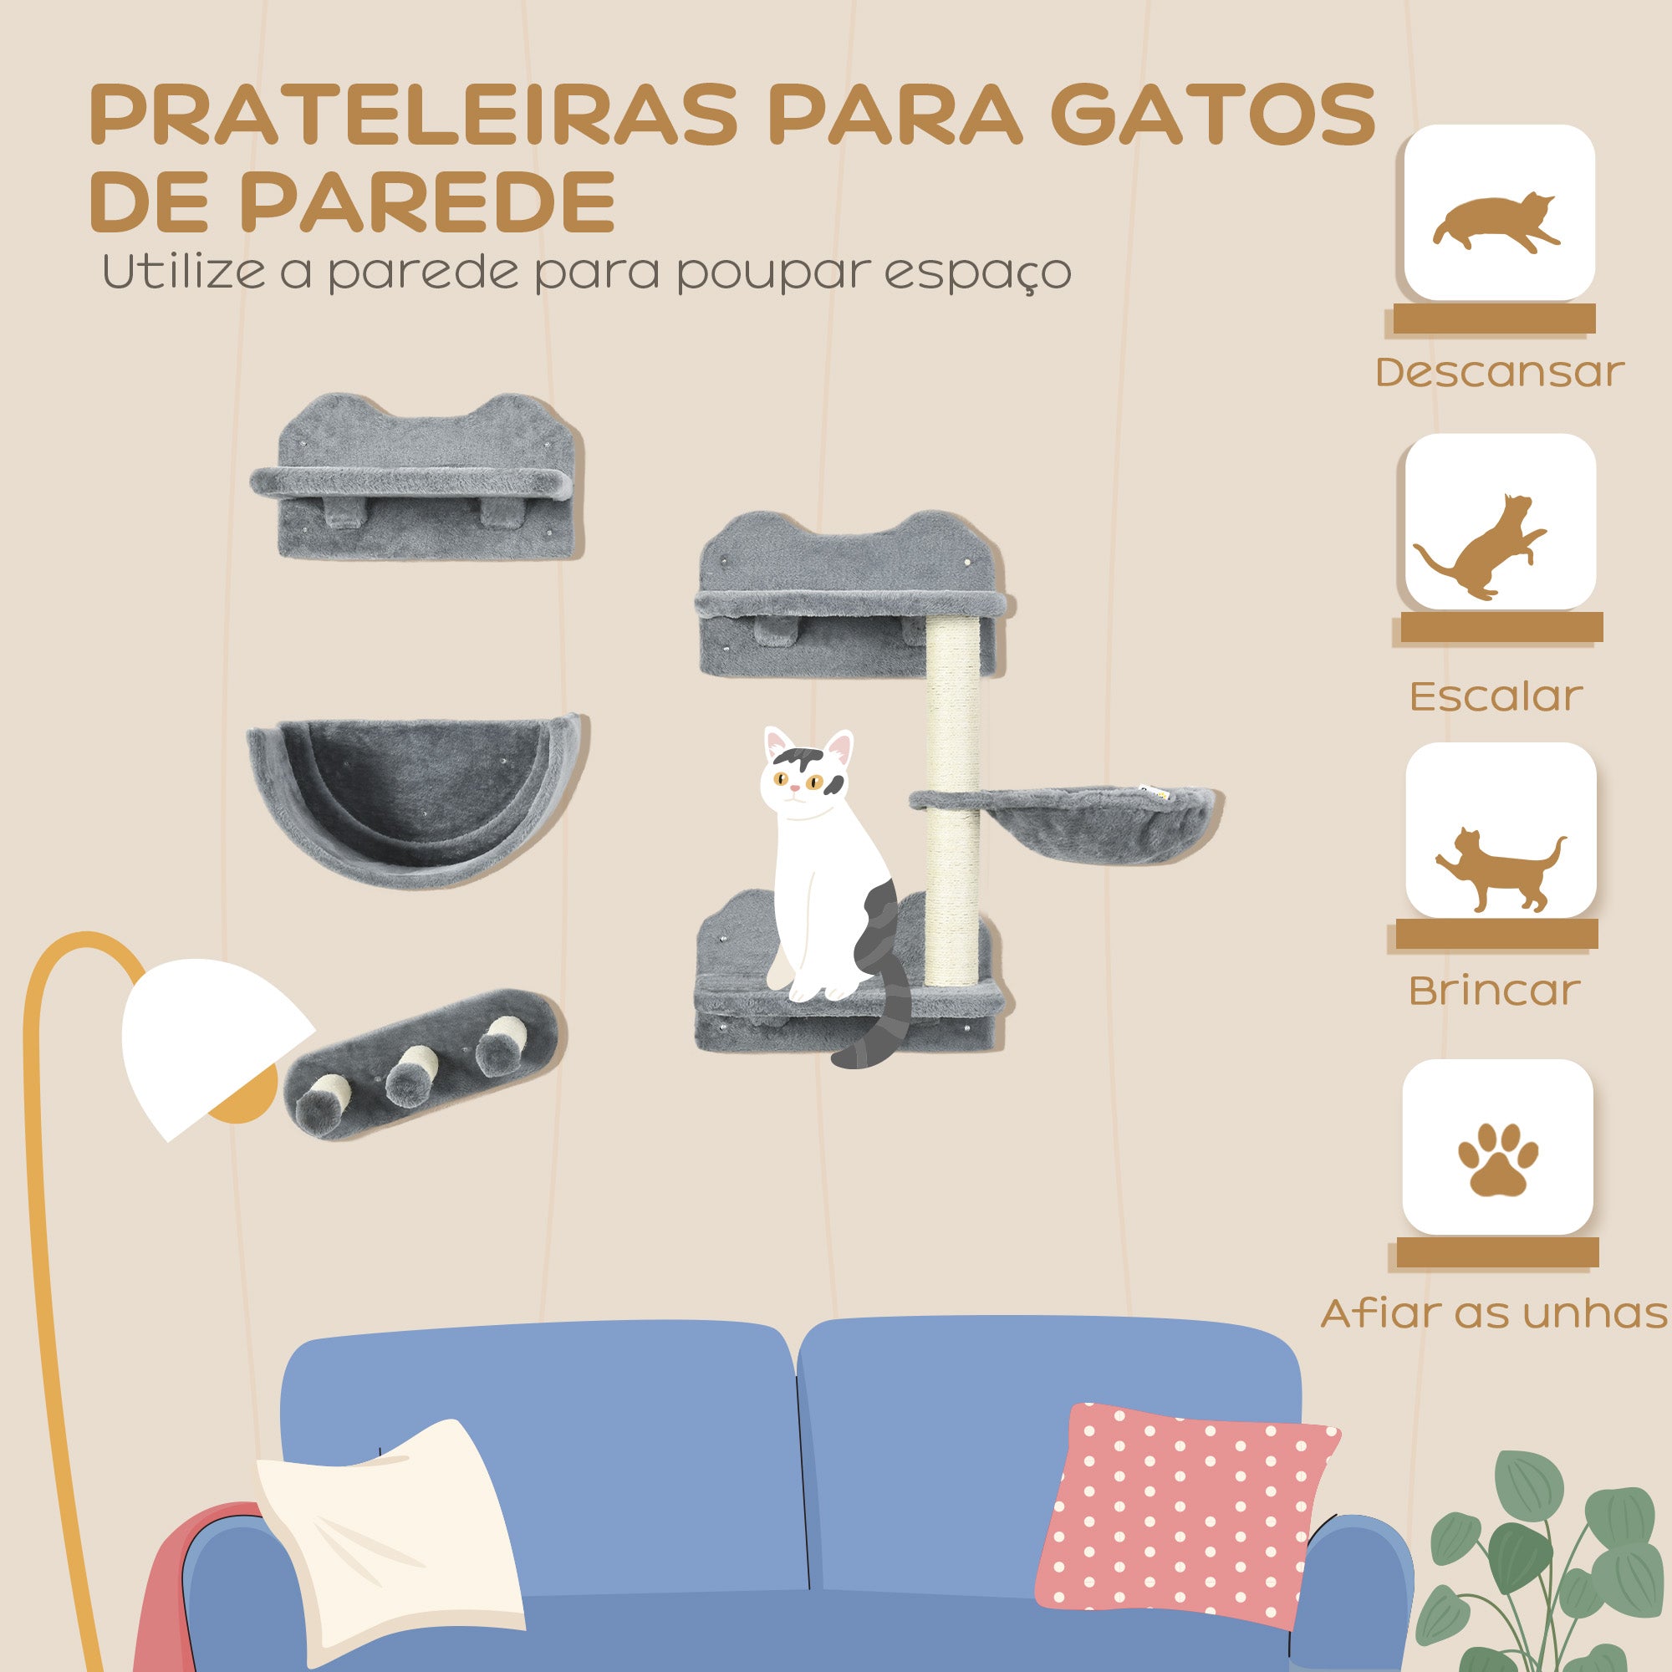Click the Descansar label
pos(1500,372)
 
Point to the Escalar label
pos(1496,696)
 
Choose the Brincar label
pos(1495,991)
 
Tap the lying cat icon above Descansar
pos(1496,223)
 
